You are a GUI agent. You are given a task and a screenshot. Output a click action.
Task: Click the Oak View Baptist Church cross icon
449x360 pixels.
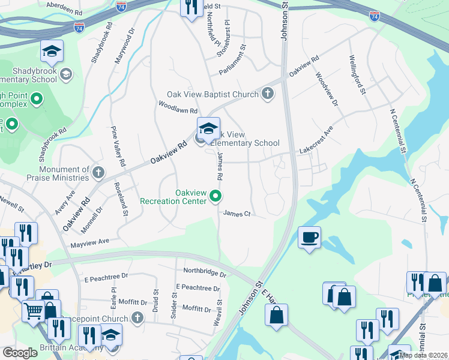coord(267,94)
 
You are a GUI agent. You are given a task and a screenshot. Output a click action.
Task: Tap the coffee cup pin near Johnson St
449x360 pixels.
coord(309,238)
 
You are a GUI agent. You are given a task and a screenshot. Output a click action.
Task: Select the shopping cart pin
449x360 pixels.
coord(34,311)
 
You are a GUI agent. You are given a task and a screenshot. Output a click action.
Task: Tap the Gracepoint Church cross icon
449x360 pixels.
coord(137,318)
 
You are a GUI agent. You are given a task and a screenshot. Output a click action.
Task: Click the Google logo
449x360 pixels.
coord(20,353)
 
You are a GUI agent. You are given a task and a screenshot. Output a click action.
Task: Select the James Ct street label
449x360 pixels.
coord(236,213)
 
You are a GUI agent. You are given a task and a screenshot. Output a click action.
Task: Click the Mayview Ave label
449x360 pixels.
coord(90,241)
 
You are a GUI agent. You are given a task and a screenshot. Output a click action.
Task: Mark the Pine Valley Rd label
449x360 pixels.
coord(117,146)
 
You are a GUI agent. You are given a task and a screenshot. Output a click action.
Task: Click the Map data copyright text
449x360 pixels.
coord(423,355)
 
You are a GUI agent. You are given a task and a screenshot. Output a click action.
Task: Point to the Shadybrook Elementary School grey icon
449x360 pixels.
coord(65,74)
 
